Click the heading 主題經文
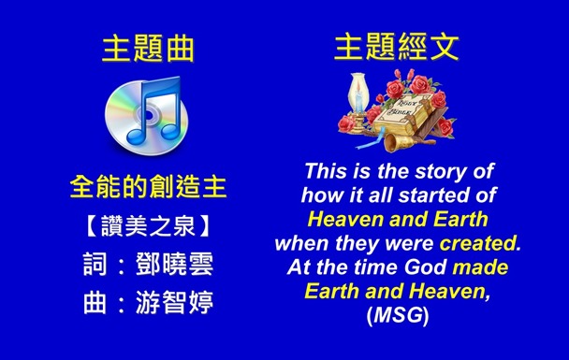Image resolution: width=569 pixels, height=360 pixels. point(398,47)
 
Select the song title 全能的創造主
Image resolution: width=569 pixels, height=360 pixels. point(148,187)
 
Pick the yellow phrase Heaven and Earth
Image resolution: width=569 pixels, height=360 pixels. point(398,220)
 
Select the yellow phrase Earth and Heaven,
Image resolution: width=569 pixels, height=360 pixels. point(398,290)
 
